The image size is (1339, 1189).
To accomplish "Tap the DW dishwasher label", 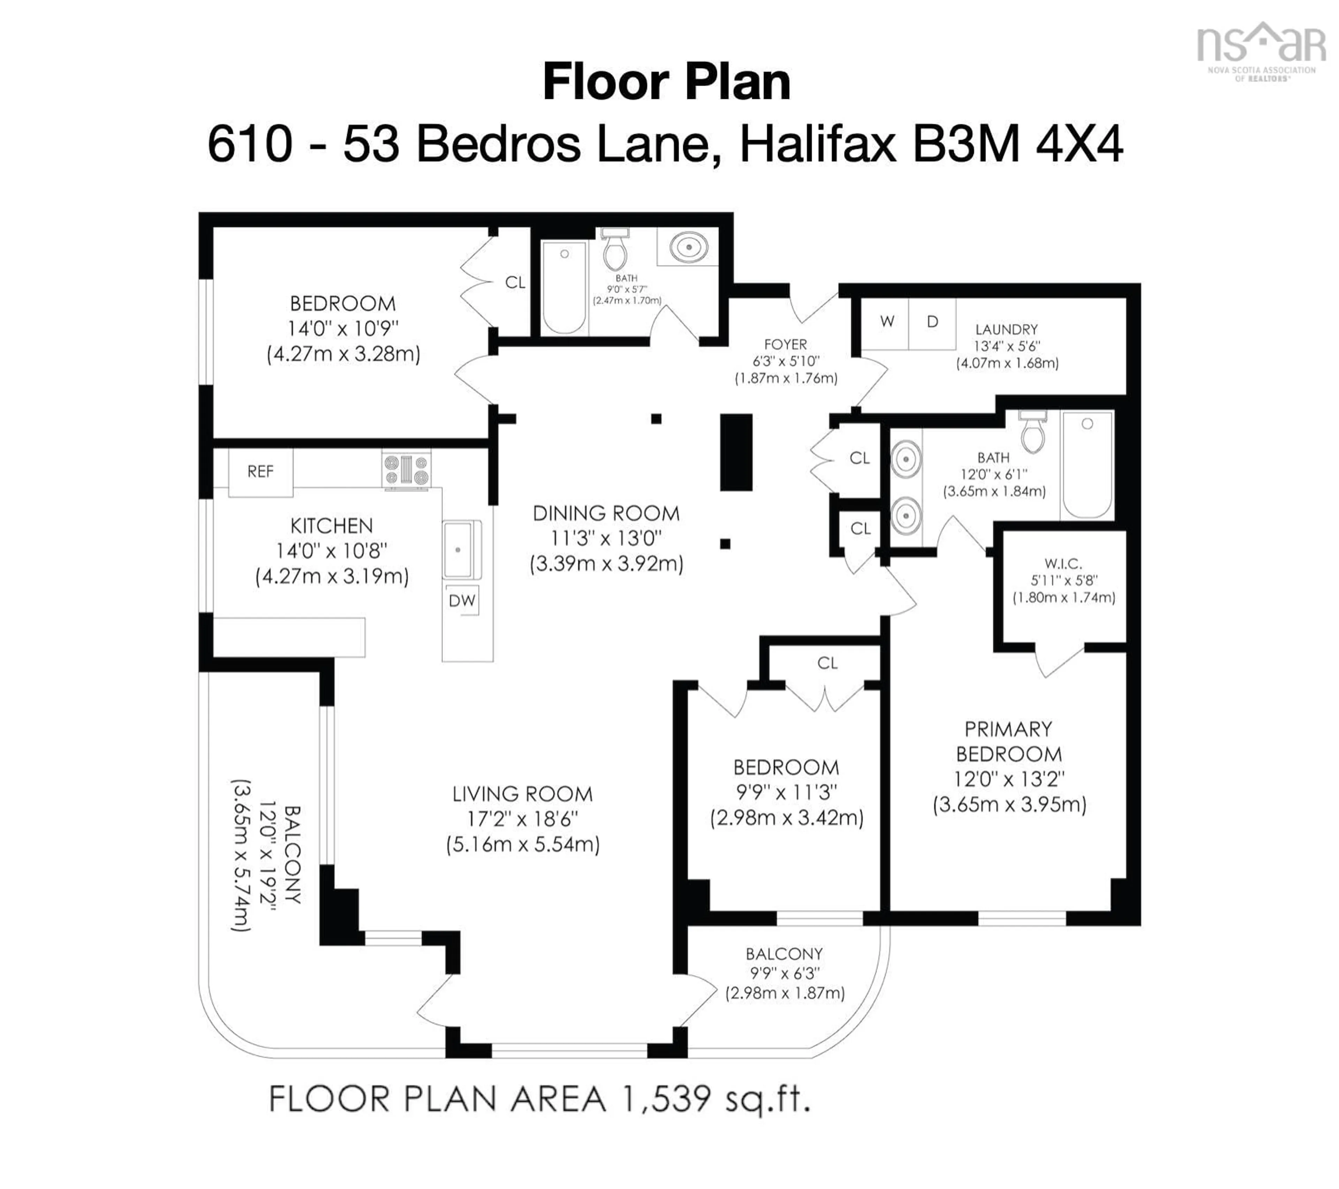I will point(462,600).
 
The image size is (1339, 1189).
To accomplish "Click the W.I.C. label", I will point(1063,563).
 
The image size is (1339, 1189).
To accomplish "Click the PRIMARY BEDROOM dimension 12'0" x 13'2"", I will point(1009,779).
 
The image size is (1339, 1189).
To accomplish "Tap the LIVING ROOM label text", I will point(522,794).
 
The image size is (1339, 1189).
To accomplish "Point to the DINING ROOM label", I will point(606,513).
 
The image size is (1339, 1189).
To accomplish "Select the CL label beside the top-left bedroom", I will point(515,282).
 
